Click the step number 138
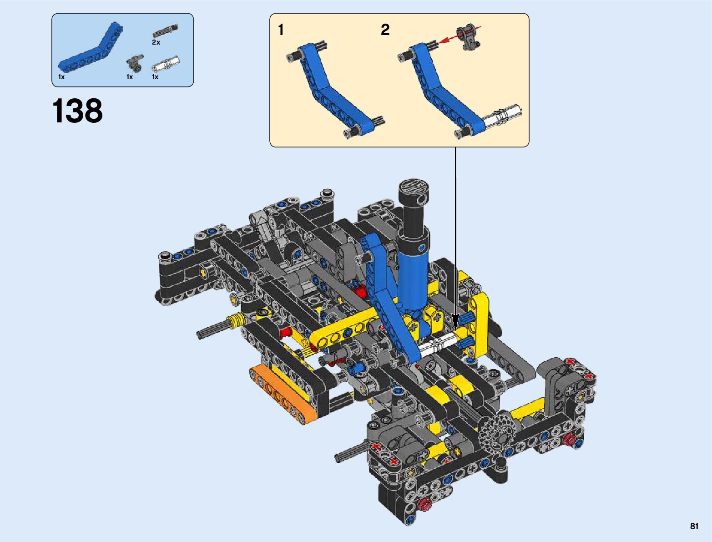pyautogui.click(x=77, y=111)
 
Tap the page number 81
pyautogui.click(x=694, y=526)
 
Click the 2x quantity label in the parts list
pyautogui.click(x=156, y=42)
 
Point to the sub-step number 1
pyautogui.click(x=281, y=30)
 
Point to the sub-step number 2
pyautogui.click(x=385, y=30)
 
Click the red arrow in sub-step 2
pyautogui.click(x=460, y=35)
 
